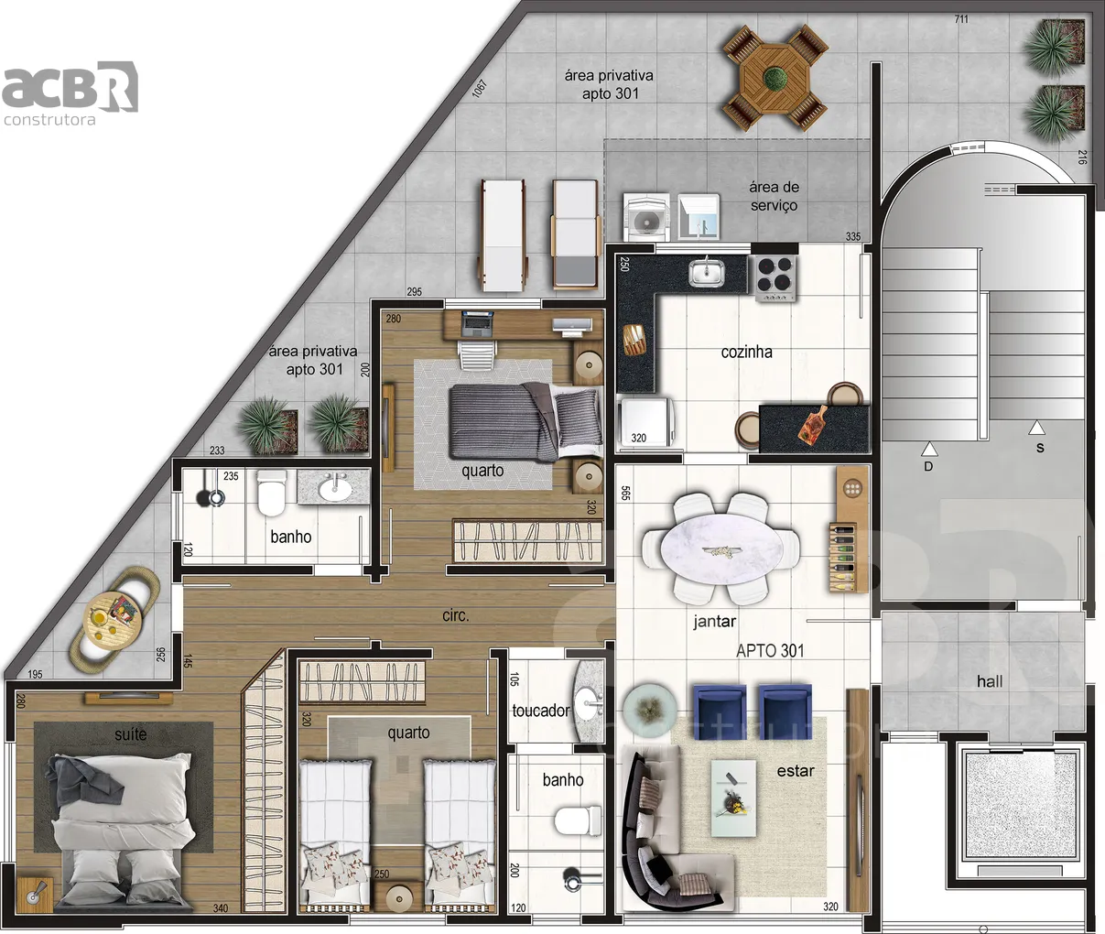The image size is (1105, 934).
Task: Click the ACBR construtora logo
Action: [x=70, y=93]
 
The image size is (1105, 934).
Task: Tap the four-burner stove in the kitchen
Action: [x=775, y=278]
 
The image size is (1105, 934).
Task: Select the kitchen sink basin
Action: [x=707, y=273]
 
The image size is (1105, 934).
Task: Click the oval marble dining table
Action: [x=721, y=549]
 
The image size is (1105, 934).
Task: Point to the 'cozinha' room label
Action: [x=746, y=353]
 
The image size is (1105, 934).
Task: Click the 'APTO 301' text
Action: [x=770, y=651]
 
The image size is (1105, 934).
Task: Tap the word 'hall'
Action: [x=990, y=681]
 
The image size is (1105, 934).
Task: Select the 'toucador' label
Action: [x=540, y=711]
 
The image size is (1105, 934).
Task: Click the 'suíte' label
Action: [x=131, y=733]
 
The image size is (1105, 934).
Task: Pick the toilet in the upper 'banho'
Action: [x=272, y=494]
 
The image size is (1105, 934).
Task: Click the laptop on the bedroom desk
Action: [x=477, y=324]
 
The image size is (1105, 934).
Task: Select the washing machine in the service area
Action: [x=646, y=217]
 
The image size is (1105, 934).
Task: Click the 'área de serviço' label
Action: [x=774, y=196]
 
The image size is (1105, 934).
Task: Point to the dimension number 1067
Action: [x=479, y=89]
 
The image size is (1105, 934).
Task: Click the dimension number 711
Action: [x=961, y=19]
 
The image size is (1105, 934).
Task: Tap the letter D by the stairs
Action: [x=928, y=466]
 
